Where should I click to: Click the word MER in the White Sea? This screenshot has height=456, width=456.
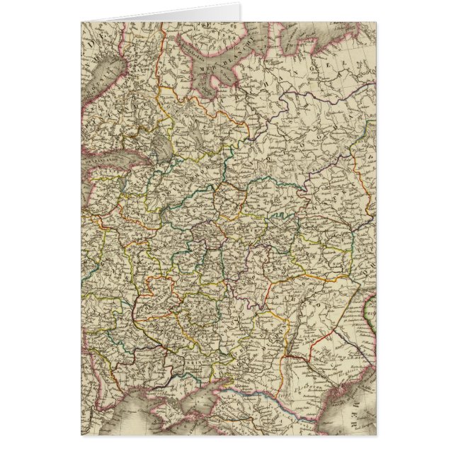200,64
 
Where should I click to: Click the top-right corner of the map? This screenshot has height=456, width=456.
376,22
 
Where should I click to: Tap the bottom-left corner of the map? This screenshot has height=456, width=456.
81,435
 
